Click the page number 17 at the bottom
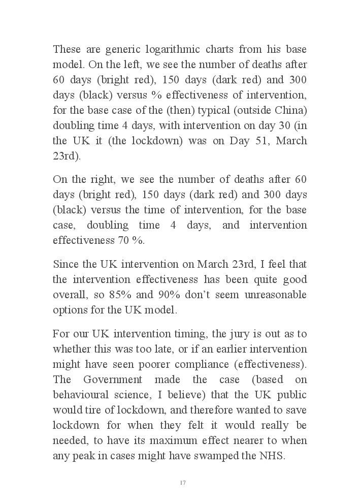(x=182, y=483)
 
